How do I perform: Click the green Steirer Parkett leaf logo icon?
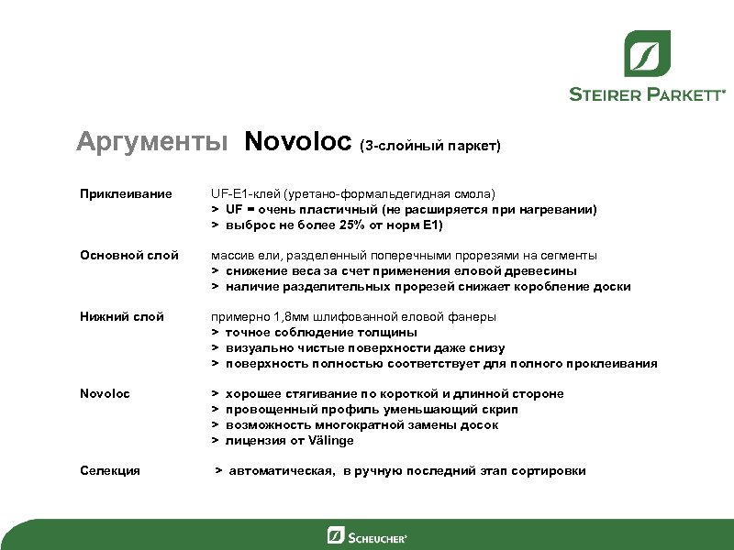pos(647,53)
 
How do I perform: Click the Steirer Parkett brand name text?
pos(647,93)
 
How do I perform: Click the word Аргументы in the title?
pos(152,142)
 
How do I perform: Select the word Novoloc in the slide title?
pos(298,142)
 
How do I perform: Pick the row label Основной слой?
pos(128,255)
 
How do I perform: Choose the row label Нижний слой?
pos(120,316)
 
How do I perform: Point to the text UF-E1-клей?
pos(244,194)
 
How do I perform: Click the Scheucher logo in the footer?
pos(367,535)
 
